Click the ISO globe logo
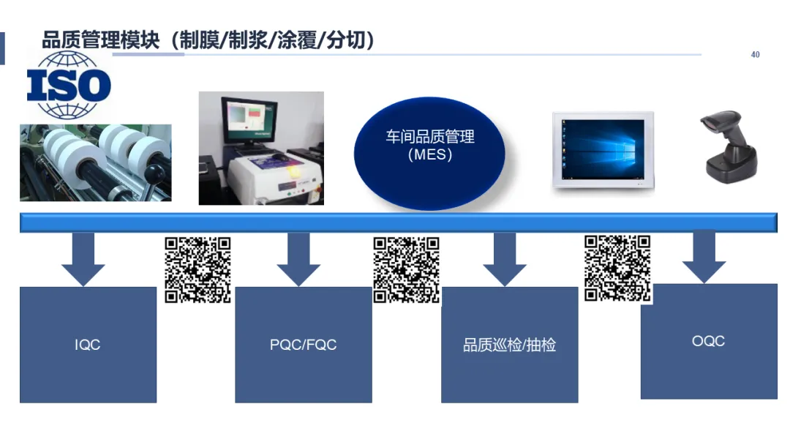(x=69, y=86)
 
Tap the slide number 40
(x=756, y=55)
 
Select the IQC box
(x=88, y=345)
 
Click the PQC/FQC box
(x=303, y=345)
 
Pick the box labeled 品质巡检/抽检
(x=509, y=345)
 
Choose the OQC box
(x=708, y=341)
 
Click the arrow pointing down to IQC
(x=83, y=260)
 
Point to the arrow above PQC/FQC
(x=298, y=260)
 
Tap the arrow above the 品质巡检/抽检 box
(x=505, y=260)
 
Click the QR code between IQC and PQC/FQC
(x=197, y=269)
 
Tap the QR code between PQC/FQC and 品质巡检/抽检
(x=406, y=269)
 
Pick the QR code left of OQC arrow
(x=617, y=268)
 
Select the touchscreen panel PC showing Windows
(x=603, y=149)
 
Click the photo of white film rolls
(x=95, y=162)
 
